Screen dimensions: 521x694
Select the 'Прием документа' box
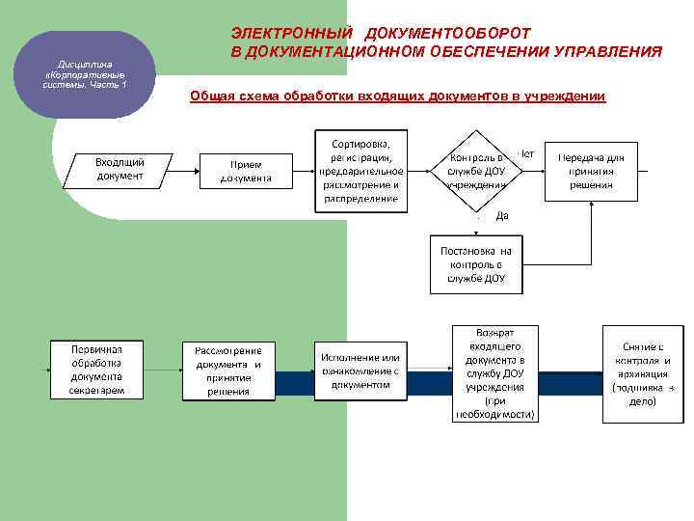pyautogui.click(x=246, y=171)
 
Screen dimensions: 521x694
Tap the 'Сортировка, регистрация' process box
pyautogui.click(x=360, y=171)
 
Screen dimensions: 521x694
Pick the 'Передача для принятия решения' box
pyautogui.click(x=590, y=172)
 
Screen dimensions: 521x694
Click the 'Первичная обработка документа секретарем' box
pyautogui.click(x=96, y=369)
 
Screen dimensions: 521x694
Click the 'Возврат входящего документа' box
pyautogui.click(x=494, y=372)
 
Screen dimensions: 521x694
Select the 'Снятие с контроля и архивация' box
pyautogui.click(x=642, y=373)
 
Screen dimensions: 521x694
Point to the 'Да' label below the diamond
pyautogui.click(x=501, y=216)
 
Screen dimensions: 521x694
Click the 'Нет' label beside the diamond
pyautogui.click(x=527, y=152)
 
